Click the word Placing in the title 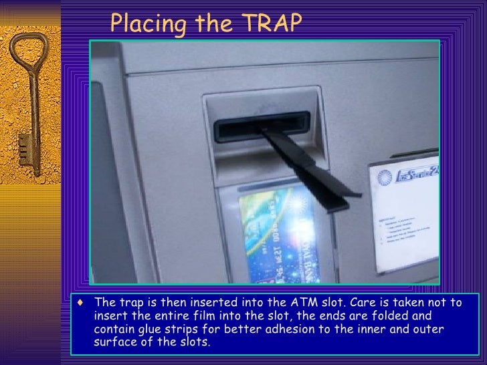(x=142, y=25)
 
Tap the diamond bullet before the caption (x=81, y=302)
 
